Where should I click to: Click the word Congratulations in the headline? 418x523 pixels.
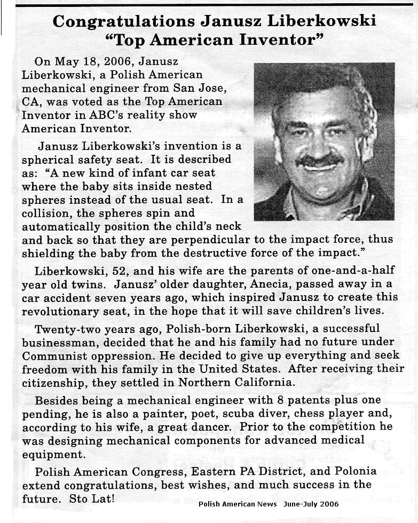coord(124,21)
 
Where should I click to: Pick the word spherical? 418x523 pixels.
coord(51,160)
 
